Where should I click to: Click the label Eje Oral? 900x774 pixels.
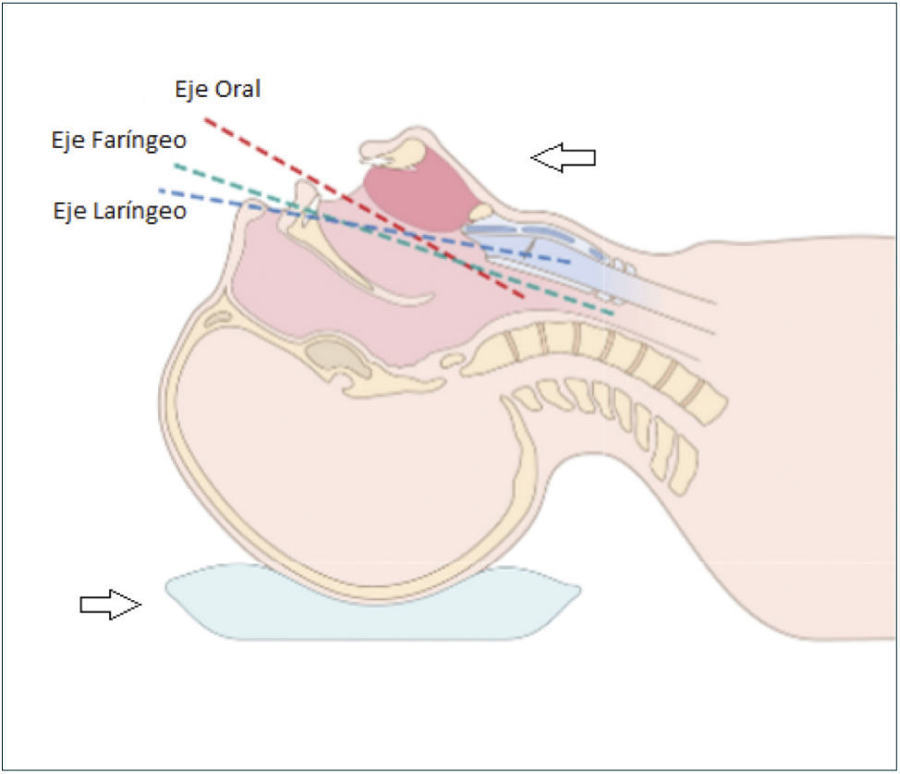217,90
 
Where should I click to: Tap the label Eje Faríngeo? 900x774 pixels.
119,141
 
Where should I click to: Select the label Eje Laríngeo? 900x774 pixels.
120,211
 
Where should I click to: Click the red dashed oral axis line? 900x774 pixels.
277,158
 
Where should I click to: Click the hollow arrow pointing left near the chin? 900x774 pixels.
563,158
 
